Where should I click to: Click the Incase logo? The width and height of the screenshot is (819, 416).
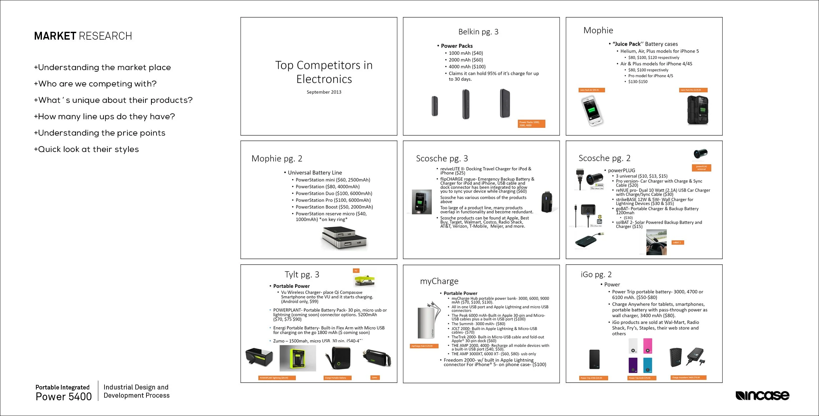(762, 396)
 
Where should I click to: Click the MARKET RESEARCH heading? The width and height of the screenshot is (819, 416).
(83, 36)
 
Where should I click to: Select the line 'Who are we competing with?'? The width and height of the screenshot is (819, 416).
(95, 84)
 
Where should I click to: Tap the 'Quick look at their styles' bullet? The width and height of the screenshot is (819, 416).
(86, 149)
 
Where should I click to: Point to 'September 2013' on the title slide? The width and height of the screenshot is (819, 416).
(324, 92)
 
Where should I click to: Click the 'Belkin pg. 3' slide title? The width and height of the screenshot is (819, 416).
(478, 32)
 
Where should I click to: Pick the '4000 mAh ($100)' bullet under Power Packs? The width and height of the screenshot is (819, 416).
(467, 66)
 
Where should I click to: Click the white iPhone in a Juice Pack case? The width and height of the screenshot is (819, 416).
(592, 110)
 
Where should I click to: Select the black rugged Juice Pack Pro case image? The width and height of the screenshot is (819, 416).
(697, 110)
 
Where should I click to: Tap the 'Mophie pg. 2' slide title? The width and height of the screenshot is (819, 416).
(276, 159)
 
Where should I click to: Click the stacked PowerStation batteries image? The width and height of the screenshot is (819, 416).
(344, 238)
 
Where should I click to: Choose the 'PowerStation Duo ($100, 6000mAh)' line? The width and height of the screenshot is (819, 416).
(333, 194)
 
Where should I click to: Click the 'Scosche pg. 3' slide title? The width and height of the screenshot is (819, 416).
(442, 159)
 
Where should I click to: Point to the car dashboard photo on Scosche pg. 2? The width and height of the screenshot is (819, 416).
(656, 242)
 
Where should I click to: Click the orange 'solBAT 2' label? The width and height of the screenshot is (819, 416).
(677, 243)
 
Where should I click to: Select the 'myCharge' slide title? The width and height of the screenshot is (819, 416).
(439, 281)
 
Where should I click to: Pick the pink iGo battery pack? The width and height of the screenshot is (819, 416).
(647, 346)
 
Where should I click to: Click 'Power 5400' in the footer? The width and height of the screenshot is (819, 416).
(64, 397)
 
